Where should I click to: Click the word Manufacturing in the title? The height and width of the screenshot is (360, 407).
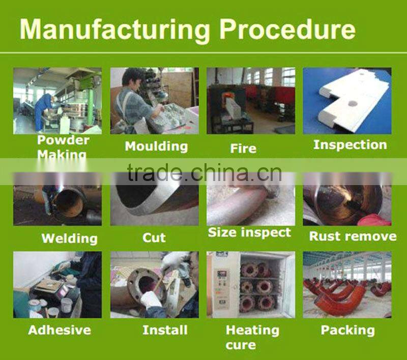pyautogui.click(x=114, y=30)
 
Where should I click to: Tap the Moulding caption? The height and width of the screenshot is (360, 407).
pyautogui.click(x=156, y=146)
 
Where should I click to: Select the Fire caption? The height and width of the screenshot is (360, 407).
pyautogui.click(x=243, y=148)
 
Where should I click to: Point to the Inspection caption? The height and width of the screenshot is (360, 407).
pyautogui.click(x=350, y=145)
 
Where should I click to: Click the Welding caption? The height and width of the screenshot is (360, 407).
pyautogui.click(x=70, y=238)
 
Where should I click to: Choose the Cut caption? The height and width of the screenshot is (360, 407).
pyautogui.click(x=154, y=237)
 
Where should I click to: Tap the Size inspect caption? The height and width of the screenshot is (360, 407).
pyautogui.click(x=249, y=233)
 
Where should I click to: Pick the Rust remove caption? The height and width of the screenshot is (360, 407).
pyautogui.click(x=353, y=236)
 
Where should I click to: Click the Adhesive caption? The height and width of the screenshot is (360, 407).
pyautogui.click(x=60, y=330)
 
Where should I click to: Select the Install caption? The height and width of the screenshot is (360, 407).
pyautogui.click(x=165, y=330)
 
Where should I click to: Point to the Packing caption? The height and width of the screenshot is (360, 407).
pyautogui.click(x=347, y=331)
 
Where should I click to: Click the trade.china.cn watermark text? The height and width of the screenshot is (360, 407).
pyautogui.click(x=205, y=172)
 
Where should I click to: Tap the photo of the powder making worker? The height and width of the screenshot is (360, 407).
pyautogui.click(x=57, y=101)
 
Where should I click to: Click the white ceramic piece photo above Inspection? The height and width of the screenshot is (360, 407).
pyautogui.click(x=347, y=101)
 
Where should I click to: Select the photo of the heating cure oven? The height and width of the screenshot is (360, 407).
pyautogui.click(x=251, y=285)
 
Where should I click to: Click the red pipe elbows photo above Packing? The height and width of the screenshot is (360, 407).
pyautogui.click(x=347, y=285)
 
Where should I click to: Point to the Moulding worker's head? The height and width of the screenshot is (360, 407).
pyautogui.click(x=132, y=77)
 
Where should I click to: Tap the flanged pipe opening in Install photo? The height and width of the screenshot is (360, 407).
pyautogui.click(x=147, y=284)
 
